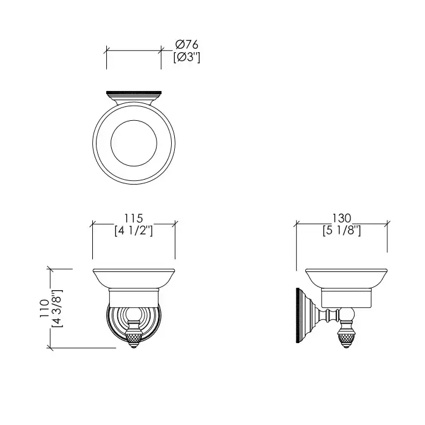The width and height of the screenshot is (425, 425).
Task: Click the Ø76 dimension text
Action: (187, 44)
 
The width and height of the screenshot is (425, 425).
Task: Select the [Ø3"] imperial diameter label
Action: (187, 57)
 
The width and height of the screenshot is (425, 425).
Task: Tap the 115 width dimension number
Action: (134, 218)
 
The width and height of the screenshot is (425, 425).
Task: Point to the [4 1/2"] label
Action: (134, 231)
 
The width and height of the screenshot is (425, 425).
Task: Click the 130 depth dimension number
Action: (342, 218)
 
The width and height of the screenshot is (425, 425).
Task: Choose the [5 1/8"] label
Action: (342, 231)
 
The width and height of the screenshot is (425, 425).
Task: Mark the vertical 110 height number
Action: (44, 308)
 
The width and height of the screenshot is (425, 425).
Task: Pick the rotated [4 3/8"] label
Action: (57, 308)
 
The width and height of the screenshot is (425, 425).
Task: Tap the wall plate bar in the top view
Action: (134, 93)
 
